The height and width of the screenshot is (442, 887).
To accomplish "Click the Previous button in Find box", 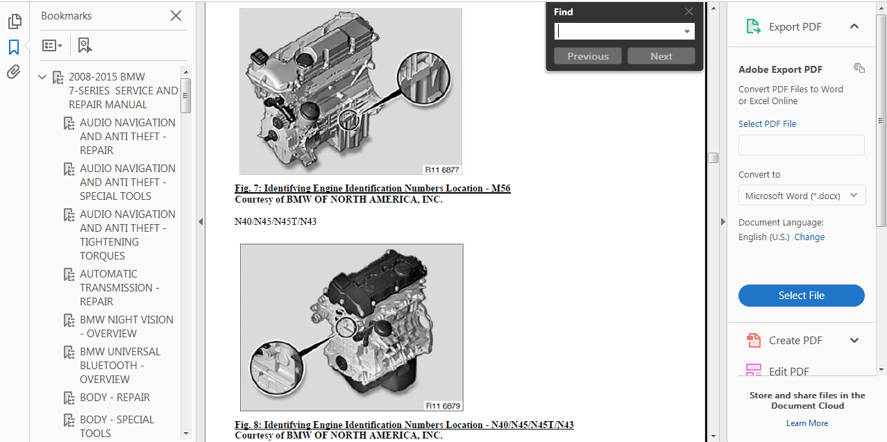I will [588, 56].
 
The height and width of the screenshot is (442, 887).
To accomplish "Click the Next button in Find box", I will [661, 56].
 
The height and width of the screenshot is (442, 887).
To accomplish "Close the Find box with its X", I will [689, 11].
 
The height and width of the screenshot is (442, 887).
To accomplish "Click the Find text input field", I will [618, 31].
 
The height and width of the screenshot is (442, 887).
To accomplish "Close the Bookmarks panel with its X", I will [176, 15].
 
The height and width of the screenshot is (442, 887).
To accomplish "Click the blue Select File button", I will [801, 296].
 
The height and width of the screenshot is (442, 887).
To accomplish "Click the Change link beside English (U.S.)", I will [809, 237].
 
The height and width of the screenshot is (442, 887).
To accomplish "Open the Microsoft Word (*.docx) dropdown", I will [802, 196].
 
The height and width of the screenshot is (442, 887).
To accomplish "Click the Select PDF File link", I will [767, 124].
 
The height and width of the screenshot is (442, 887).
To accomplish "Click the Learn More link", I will [806, 423].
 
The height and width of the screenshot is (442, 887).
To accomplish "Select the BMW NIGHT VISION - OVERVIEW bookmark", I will [126, 327].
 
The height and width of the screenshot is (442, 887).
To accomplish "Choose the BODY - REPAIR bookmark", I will [115, 398].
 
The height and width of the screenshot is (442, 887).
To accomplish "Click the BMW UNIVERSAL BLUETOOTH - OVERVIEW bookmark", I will [119, 366].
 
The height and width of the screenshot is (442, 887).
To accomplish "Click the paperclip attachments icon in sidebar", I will [14, 72].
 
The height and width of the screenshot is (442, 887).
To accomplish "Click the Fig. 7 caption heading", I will [372, 189].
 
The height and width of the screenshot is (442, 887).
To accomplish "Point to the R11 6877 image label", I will [442, 169].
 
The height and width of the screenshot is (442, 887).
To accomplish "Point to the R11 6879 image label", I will [443, 406].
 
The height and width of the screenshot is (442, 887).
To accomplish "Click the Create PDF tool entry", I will [795, 341].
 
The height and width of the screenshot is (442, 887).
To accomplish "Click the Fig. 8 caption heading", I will [404, 425].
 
